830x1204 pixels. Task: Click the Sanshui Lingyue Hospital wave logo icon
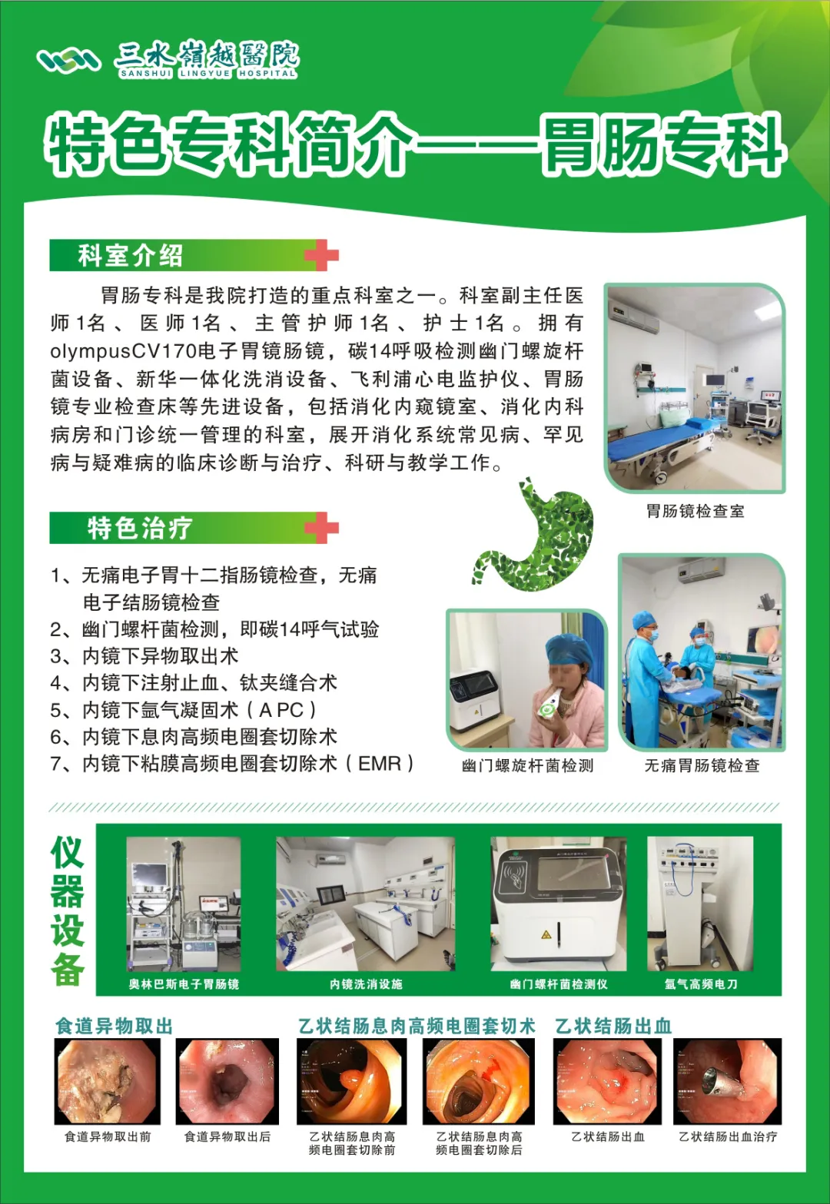click(x=69, y=60)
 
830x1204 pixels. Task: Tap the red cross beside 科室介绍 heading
click(x=321, y=255)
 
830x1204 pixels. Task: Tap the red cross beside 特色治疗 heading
click(x=321, y=527)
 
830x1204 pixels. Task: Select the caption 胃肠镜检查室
click(x=695, y=511)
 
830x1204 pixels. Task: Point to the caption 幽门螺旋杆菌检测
click(x=527, y=765)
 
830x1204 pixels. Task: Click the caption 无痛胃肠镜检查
click(x=702, y=765)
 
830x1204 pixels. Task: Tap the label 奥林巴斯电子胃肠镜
click(x=184, y=984)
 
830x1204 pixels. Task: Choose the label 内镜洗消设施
click(x=366, y=984)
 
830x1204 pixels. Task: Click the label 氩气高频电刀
click(x=700, y=984)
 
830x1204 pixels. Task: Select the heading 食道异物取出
click(x=114, y=1026)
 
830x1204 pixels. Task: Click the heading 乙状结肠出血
click(x=613, y=1026)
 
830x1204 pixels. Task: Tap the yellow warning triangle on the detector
click(x=546, y=934)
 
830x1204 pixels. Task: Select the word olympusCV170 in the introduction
click(x=124, y=352)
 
